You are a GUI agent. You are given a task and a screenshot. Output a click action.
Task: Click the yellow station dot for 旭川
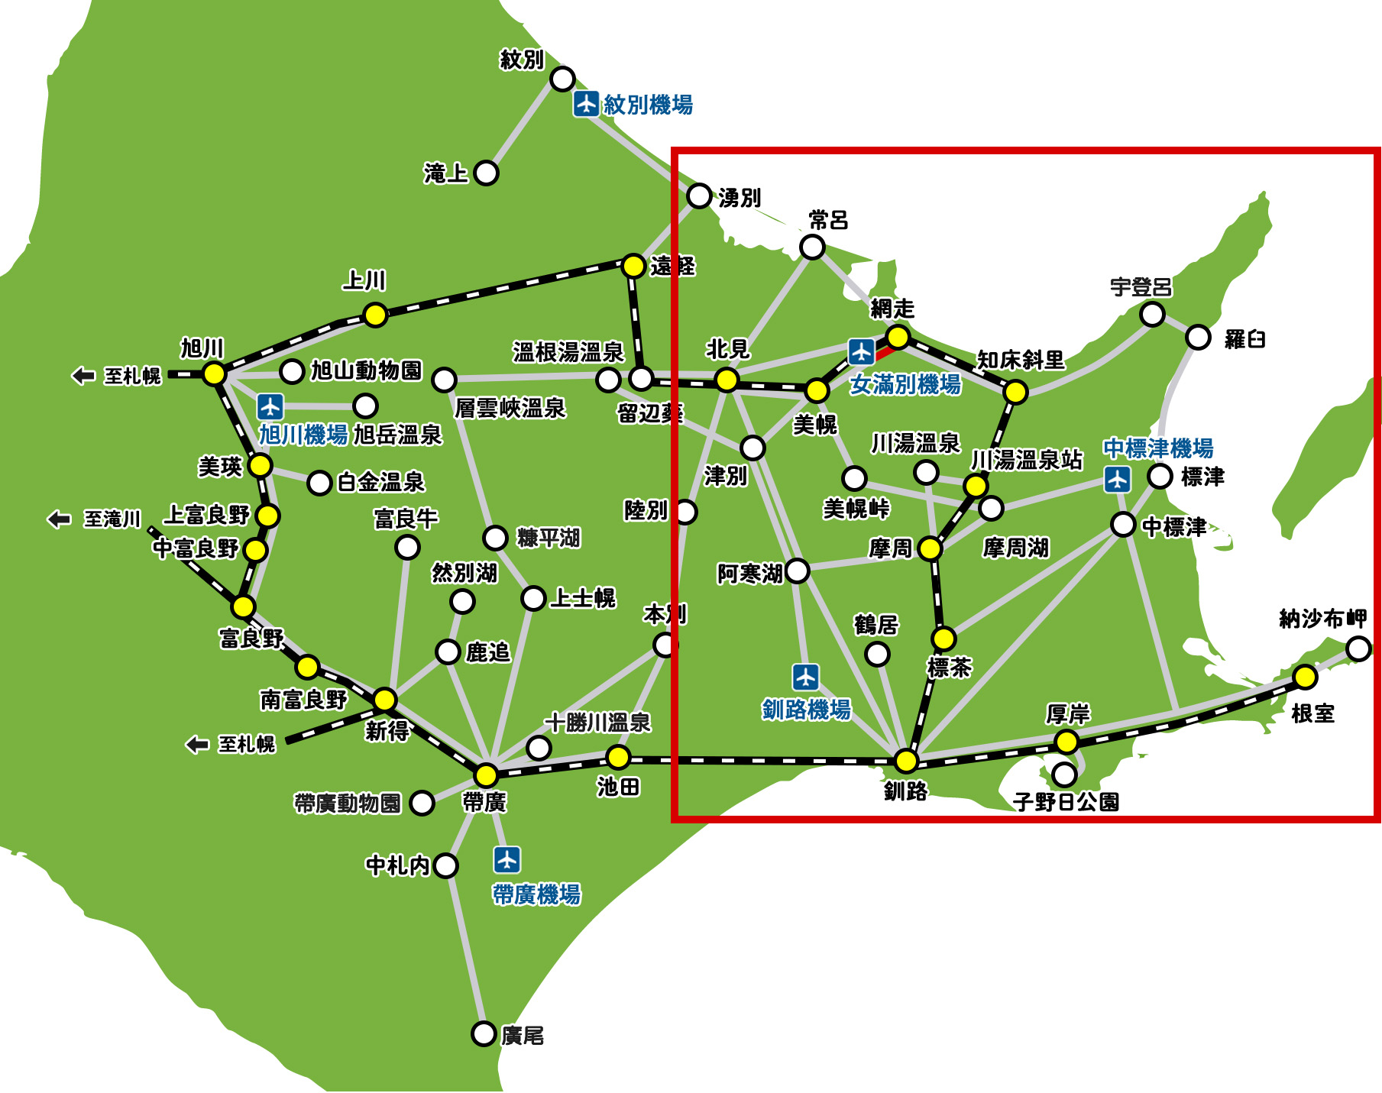point(215,374)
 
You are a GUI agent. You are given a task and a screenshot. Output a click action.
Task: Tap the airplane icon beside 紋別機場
point(586,103)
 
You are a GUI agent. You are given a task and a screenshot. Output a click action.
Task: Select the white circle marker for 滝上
point(486,173)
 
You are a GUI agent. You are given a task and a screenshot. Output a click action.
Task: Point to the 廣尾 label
point(523,1036)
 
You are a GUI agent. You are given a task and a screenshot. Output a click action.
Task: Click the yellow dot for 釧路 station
point(906,761)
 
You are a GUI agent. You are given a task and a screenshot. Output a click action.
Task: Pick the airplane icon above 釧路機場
point(806,677)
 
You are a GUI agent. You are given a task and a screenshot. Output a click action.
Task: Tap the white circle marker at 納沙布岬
point(1358,648)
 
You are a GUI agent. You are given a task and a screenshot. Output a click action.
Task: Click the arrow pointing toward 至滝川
point(59,519)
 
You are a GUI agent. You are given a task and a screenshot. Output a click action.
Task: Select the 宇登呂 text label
point(1141,288)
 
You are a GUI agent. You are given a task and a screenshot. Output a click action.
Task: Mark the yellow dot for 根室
point(1305,677)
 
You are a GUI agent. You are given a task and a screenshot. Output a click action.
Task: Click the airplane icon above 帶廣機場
point(507,859)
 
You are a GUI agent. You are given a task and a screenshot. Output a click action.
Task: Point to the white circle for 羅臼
point(1198,337)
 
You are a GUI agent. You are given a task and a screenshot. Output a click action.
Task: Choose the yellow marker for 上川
point(375,315)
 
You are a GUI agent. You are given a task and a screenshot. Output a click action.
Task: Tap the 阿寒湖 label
point(749,573)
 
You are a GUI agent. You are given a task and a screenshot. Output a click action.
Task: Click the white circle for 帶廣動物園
point(422,803)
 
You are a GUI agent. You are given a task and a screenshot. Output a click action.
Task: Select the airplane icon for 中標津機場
point(1118,480)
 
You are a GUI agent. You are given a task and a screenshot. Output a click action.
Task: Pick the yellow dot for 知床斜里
point(1015,392)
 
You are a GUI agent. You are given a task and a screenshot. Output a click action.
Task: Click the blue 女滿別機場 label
point(905,384)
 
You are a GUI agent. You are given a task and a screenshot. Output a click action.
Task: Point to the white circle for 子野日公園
point(1064,774)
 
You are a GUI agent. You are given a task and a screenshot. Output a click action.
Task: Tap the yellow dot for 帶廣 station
point(486,775)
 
